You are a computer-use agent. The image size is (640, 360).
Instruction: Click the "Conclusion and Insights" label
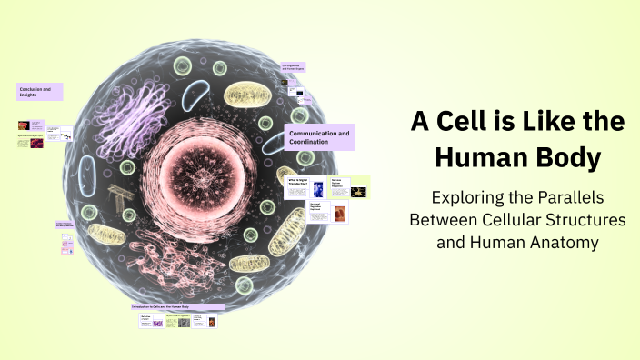[39, 92]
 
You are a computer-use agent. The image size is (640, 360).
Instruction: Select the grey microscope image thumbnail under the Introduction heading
[185, 322]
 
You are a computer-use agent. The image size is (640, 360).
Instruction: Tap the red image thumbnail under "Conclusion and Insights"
[23, 126]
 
